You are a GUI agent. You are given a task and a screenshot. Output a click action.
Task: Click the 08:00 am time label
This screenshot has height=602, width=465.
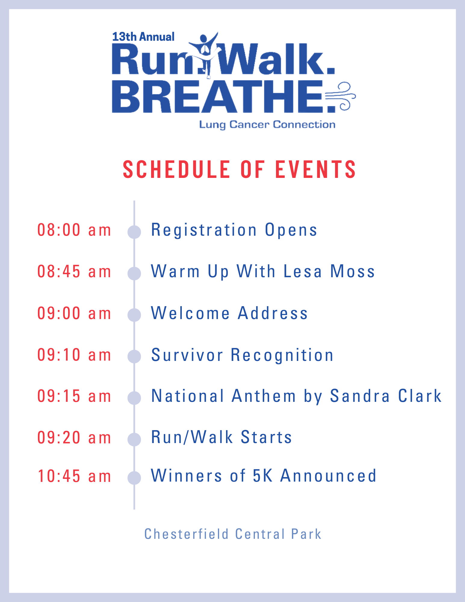74,230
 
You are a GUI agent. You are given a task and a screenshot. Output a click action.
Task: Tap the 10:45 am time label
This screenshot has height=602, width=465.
74,476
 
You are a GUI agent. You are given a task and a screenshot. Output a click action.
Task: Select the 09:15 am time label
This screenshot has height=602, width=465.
74,396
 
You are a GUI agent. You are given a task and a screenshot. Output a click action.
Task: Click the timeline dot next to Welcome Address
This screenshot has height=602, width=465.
134,315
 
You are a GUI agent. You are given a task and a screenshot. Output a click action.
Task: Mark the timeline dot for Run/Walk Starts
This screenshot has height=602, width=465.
134,439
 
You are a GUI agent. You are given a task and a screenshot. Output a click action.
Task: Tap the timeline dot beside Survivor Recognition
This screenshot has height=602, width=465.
134,356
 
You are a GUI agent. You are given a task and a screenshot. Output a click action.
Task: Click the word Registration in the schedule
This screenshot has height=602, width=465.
204,230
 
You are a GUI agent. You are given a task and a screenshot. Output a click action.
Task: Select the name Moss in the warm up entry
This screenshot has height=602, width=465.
352,272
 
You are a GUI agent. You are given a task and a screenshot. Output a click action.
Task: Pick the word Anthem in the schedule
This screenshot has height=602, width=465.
264,396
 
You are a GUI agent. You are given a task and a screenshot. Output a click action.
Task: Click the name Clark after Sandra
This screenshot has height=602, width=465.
420,396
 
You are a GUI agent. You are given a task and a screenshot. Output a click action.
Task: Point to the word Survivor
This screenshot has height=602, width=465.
187,355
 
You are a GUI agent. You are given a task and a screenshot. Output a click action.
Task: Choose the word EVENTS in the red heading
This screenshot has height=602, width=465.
316,169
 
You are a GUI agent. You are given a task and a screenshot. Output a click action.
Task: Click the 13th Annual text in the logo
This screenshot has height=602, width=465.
143,37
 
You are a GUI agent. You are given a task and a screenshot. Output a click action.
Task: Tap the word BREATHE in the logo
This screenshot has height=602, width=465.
224,96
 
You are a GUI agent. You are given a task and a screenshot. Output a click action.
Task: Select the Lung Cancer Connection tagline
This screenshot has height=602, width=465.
267,125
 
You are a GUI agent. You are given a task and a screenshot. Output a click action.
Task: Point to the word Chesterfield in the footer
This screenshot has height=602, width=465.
187,534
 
